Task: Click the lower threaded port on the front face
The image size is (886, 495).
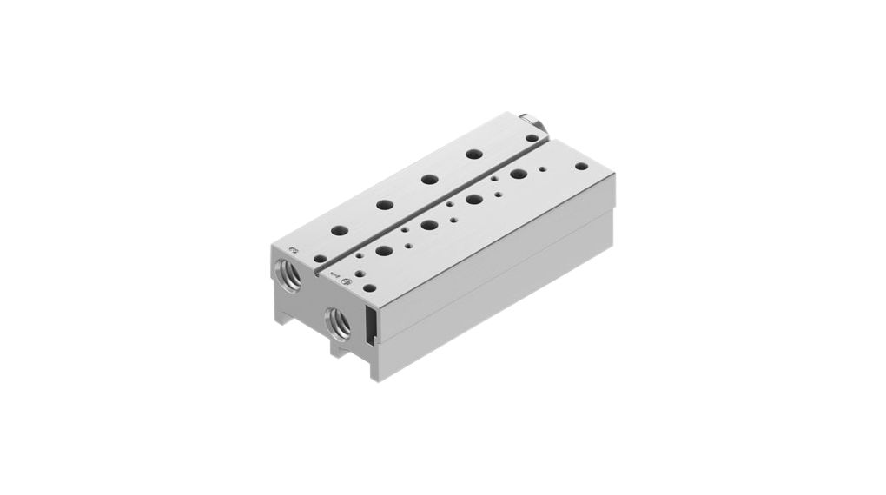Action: coord(339,323)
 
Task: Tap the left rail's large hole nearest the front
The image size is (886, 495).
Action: coord(340,231)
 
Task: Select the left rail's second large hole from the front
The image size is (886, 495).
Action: coord(384,205)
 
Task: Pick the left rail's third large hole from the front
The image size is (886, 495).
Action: coord(429,179)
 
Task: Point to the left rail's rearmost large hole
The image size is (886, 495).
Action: coord(474,154)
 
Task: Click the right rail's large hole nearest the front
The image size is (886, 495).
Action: coord(384,251)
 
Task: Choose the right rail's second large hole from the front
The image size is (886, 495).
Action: coord(429,225)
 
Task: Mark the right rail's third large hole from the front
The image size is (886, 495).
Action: coord(474,199)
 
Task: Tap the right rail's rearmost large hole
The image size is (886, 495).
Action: coord(519,174)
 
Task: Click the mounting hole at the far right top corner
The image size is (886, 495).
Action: coord(581,165)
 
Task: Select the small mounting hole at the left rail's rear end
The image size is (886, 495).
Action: coord(531,137)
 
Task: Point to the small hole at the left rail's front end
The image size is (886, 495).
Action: coord(320,259)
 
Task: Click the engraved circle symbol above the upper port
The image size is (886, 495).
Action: coord(294,249)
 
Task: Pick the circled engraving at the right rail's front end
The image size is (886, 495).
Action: coord(346,280)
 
